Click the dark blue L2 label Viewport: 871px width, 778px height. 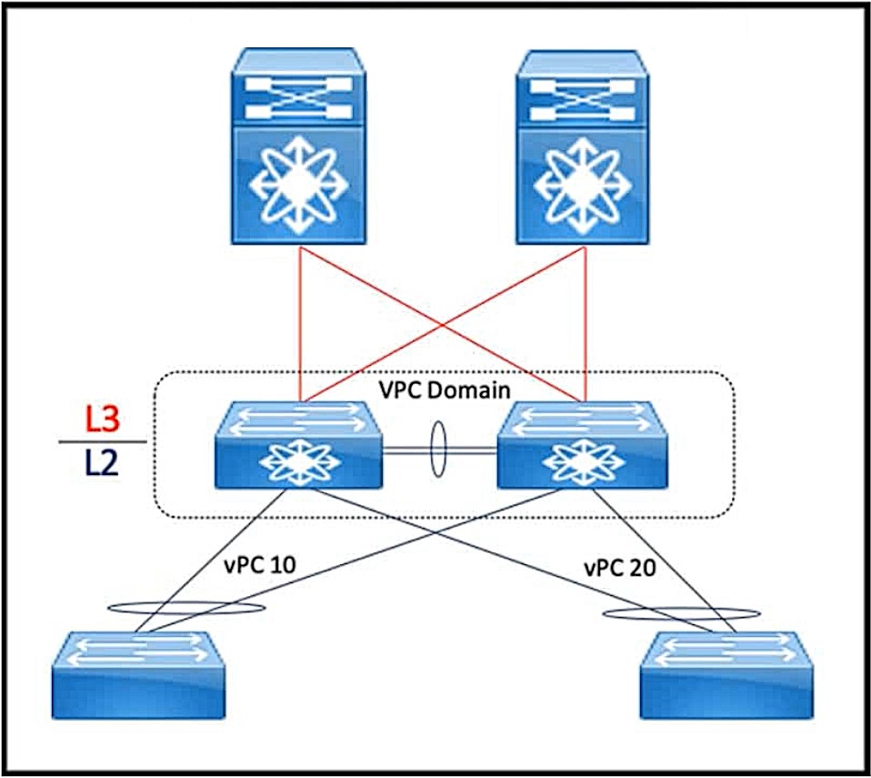(102, 462)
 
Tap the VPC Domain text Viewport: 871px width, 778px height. (445, 389)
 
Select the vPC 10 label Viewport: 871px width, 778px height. (260, 565)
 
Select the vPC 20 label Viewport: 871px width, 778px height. (620, 568)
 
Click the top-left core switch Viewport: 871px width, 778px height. (298, 147)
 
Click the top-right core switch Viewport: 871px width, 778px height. (583, 147)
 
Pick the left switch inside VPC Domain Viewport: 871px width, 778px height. (298, 446)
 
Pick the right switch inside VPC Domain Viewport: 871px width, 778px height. (582, 446)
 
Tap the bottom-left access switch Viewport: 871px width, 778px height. (138, 675)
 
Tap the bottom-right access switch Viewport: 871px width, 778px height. (727, 675)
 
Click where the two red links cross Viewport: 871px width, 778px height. (442, 324)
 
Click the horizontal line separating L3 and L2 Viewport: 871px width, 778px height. (103, 442)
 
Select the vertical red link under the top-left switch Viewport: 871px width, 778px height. (299, 324)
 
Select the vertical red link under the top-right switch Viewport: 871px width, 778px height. (586, 324)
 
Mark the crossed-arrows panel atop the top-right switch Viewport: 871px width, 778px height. (583, 100)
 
